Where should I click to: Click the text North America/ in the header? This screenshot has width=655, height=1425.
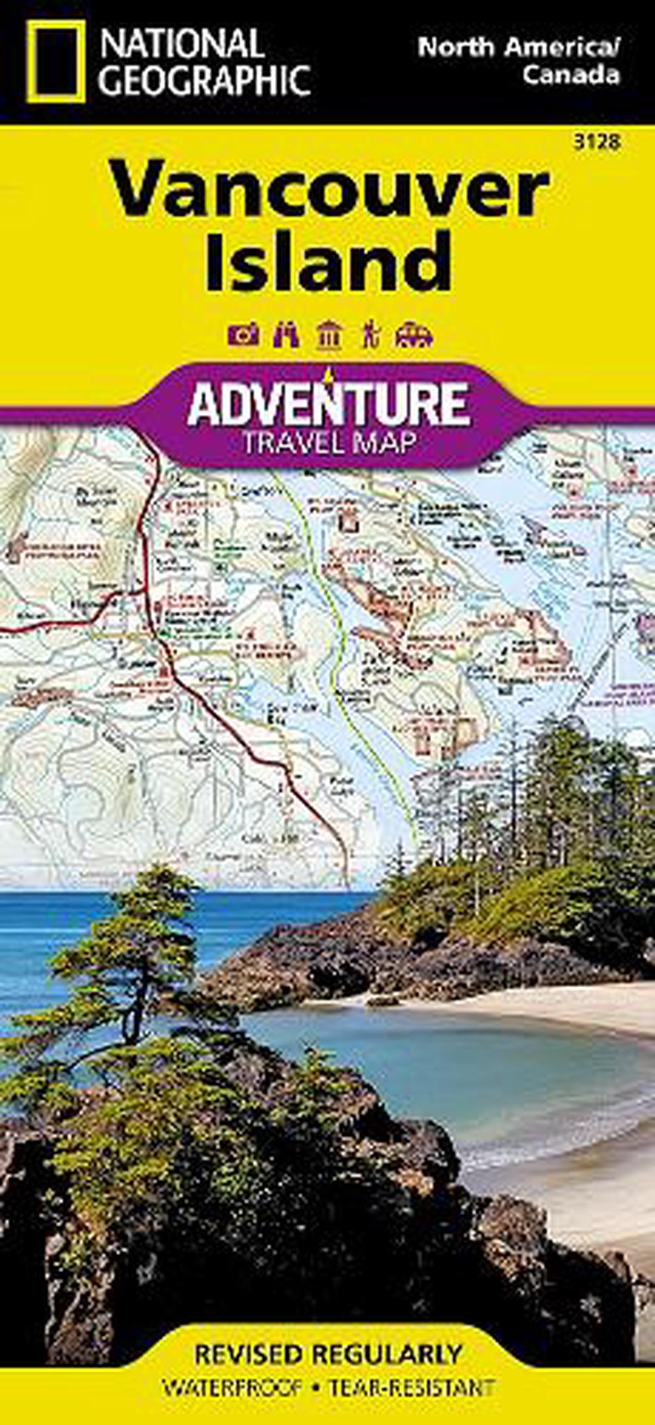[518, 48]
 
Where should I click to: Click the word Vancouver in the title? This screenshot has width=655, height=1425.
[327, 192]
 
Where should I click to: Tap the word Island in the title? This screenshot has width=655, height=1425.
[327, 262]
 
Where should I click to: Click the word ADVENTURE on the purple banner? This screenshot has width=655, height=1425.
[328, 405]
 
